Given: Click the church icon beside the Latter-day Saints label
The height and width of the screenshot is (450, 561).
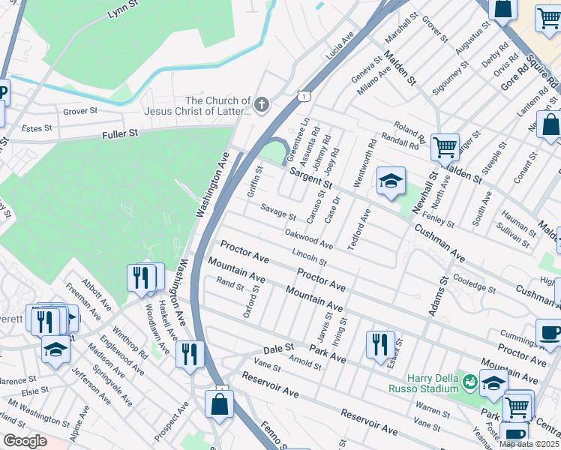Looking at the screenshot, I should coord(262,105).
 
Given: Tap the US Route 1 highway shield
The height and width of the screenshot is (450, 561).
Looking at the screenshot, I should coord(303,96).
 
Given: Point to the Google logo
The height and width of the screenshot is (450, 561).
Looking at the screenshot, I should coord(25,441).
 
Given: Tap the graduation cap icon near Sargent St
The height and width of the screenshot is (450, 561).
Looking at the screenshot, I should coord(391,181).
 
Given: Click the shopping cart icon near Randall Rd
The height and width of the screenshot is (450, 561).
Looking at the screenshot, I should coord(445,147).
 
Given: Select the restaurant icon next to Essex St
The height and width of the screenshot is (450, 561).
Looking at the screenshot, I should coord(380,343).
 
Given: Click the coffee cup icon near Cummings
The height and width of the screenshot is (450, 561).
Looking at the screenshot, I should coord(549,332).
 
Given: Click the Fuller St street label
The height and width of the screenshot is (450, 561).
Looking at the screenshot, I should coord(121,133).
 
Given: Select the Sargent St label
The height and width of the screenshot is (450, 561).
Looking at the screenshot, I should coord(311,178).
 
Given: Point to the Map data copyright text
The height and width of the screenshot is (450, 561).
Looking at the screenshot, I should coord(529,444).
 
